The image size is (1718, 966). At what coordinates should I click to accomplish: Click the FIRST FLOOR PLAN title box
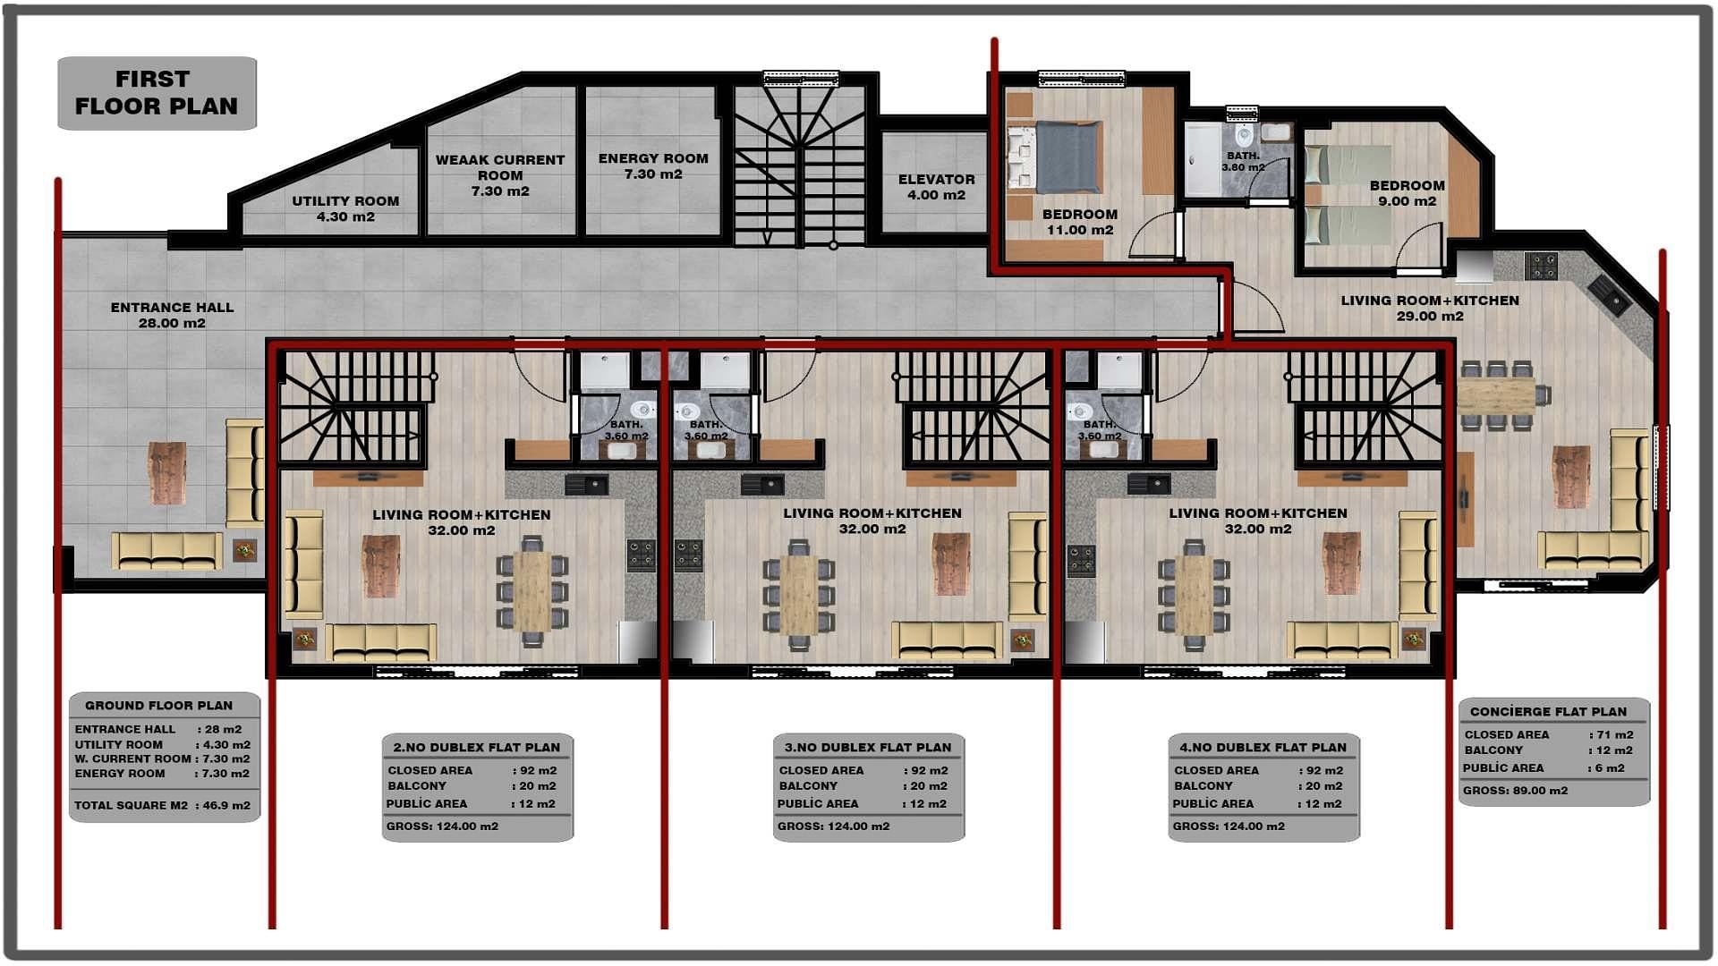(157, 93)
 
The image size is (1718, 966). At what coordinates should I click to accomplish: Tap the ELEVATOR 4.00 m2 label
(936, 187)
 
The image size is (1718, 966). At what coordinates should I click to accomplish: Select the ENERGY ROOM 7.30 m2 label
(653, 166)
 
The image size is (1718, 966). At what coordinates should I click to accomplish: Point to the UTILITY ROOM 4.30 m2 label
(345, 208)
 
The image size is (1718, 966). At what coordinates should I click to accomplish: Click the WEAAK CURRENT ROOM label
(500, 175)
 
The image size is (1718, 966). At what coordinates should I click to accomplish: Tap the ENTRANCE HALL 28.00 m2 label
(172, 315)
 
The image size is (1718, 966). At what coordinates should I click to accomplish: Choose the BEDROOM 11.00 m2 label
(1080, 222)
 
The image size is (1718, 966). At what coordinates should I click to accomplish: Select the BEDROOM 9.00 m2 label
(1407, 193)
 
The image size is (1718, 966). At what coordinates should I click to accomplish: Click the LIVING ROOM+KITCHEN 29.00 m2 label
(1430, 308)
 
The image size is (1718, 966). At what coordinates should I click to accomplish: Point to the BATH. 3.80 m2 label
(1243, 162)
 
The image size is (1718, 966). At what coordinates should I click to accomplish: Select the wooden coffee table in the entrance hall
(167, 472)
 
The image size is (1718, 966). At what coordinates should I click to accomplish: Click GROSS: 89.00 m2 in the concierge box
(1515, 791)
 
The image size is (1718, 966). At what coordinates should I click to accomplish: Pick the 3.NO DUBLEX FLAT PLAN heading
(868, 748)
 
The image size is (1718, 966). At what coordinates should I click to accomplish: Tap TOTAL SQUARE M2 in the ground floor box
(131, 805)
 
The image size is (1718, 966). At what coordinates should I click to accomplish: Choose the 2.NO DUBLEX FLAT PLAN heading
(477, 748)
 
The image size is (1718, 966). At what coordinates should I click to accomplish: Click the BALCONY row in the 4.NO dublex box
(1258, 786)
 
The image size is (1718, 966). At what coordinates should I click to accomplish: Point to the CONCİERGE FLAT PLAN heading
(1548, 712)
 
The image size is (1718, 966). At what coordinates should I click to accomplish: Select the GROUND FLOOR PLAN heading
(158, 706)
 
